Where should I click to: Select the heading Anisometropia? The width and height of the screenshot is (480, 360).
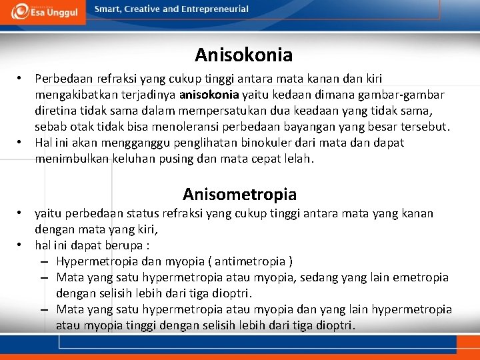(x=239, y=195)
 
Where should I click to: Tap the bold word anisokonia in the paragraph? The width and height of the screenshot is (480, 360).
(x=209, y=95)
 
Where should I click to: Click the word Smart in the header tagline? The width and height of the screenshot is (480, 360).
(x=109, y=9)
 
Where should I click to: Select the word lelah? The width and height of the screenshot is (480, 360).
(x=297, y=159)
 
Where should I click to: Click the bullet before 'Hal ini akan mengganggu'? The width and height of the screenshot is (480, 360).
(x=21, y=142)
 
